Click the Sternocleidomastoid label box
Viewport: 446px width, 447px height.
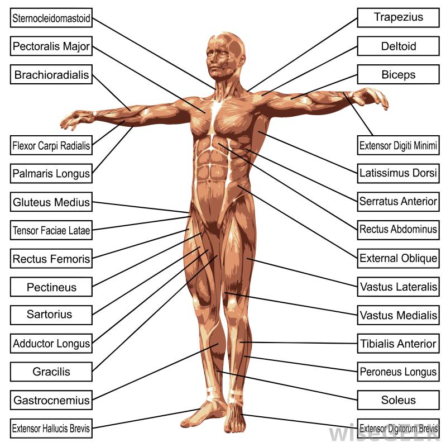pyautogui.click(x=51, y=18)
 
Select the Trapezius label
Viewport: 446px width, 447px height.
pyautogui.click(x=398, y=18)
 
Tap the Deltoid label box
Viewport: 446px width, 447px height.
pyautogui.click(x=398, y=46)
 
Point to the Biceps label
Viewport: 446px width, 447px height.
pyautogui.click(x=398, y=74)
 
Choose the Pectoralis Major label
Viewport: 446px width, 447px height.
pyautogui.click(x=51, y=46)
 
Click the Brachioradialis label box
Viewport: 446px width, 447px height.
pyautogui.click(x=51, y=74)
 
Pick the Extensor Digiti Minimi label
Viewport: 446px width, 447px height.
pyautogui.click(x=398, y=145)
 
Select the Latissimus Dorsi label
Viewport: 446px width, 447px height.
pyautogui.click(x=398, y=173)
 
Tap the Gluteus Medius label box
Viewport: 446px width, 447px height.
pyautogui.click(x=51, y=202)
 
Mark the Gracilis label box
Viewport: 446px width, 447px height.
pyautogui.click(x=51, y=372)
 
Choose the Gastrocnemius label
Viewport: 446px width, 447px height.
pyautogui.click(x=51, y=400)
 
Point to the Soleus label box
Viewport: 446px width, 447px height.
pyautogui.click(x=398, y=400)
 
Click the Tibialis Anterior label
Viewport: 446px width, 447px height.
pyautogui.click(x=398, y=344)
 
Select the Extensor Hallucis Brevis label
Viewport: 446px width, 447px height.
pyautogui.click(x=51, y=429)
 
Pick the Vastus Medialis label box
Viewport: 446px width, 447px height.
pyautogui.click(x=398, y=315)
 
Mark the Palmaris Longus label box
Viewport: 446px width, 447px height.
pyautogui.click(x=51, y=173)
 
